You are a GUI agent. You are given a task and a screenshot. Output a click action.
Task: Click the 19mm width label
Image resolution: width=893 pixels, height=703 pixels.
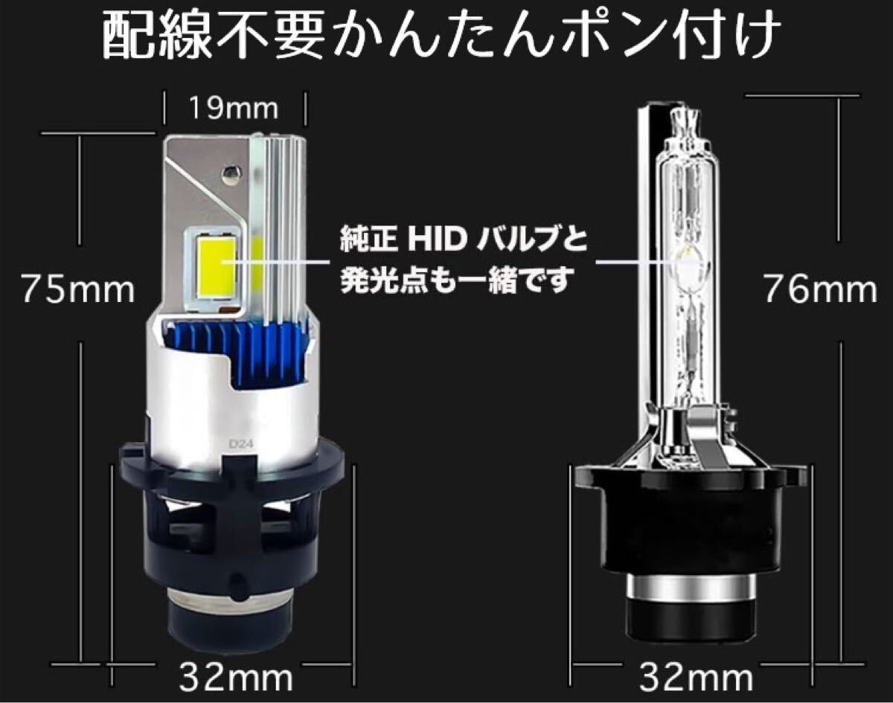[x=234, y=109]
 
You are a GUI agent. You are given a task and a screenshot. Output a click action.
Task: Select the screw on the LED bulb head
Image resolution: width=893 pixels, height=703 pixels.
[x=229, y=175]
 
